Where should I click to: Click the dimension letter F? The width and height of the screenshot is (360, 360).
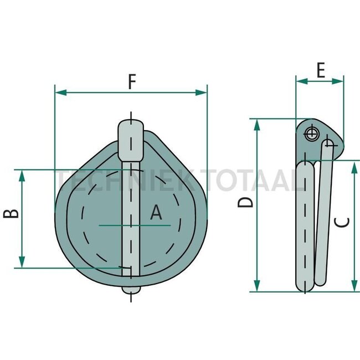click(131, 81)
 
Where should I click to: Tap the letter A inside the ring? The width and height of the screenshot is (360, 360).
click(157, 213)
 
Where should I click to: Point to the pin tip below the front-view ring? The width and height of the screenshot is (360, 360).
click(131, 289)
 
